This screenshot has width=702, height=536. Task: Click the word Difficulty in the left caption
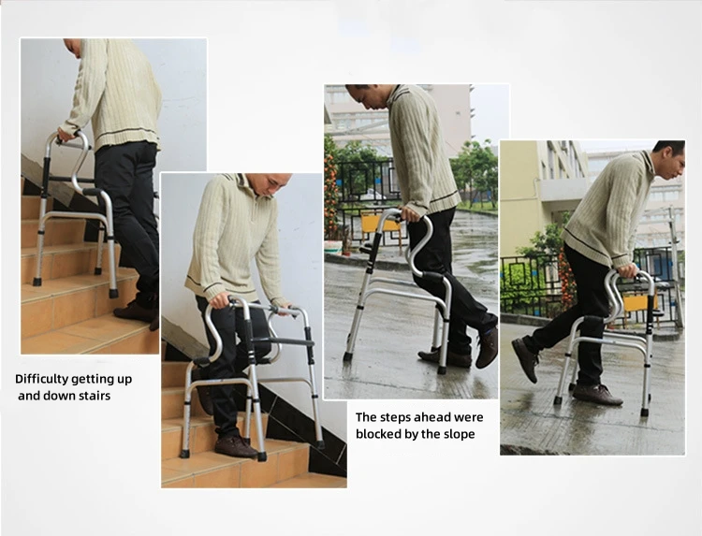(45, 379)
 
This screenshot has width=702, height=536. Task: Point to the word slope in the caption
(457, 434)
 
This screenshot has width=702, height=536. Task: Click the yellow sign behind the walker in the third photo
(378, 224)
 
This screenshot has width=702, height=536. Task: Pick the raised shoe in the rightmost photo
(525, 358)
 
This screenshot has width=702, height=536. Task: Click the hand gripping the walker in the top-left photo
(65, 137)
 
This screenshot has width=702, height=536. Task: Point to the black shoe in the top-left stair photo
(137, 310)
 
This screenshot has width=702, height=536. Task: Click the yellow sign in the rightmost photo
(636, 302)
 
